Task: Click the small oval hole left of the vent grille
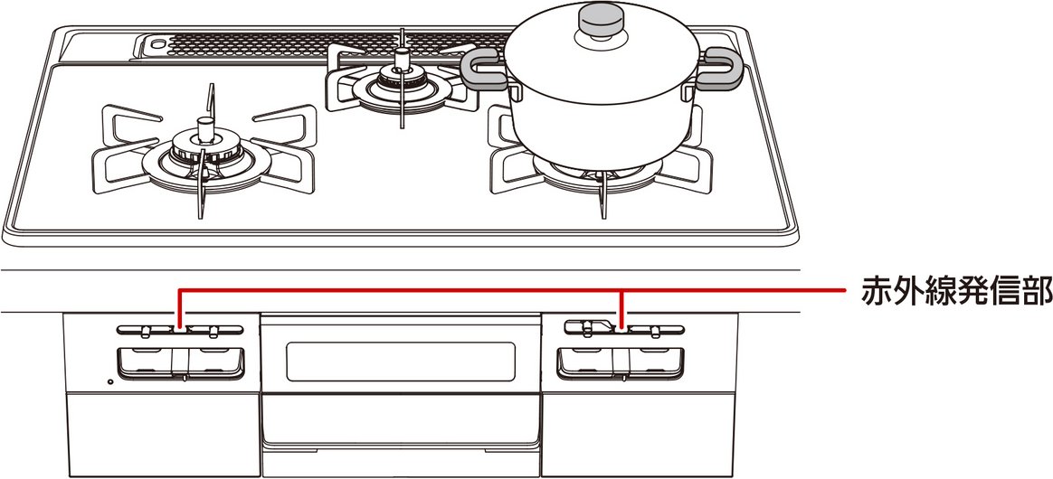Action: click(x=157, y=42)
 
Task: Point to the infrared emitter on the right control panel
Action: click(x=621, y=326)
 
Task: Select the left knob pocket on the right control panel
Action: click(x=587, y=362)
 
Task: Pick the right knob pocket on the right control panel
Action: click(x=653, y=362)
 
